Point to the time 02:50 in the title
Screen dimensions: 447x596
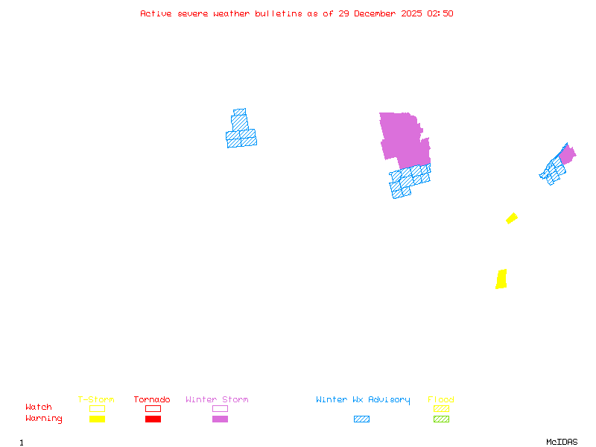[440, 13]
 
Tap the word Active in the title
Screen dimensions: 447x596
[156, 13]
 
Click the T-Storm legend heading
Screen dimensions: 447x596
[96, 400]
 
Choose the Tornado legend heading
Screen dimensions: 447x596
[152, 400]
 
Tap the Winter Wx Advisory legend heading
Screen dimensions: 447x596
[363, 400]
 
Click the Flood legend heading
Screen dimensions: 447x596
[441, 400]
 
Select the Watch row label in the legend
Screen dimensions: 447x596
[39, 408]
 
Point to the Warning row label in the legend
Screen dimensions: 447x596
[44, 419]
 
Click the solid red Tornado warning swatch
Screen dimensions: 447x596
[153, 419]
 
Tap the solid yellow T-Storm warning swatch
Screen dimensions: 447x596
[97, 419]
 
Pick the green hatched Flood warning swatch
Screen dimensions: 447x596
[441, 419]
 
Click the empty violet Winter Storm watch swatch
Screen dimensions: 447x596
[220, 408]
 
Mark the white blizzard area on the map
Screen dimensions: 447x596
[428, 129]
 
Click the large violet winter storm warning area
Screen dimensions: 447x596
[404, 138]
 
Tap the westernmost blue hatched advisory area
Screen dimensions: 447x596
[241, 131]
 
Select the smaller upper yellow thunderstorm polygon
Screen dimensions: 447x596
[512, 218]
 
